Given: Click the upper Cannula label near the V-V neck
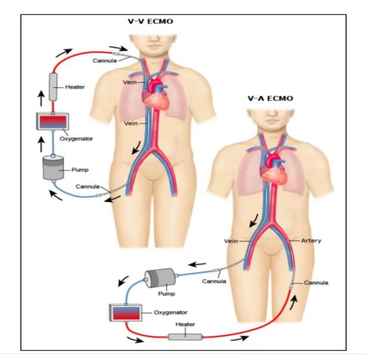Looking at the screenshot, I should pyautogui.click(x=105, y=60).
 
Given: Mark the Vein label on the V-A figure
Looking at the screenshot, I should pyautogui.click(x=230, y=241).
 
